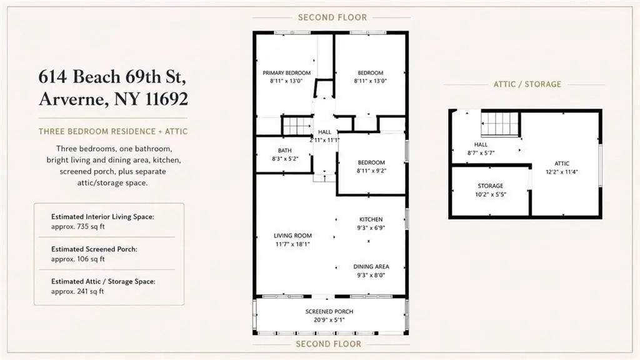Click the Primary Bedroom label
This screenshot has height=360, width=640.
click(286, 73)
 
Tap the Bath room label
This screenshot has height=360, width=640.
click(284, 151)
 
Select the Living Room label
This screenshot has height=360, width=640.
click(292, 236)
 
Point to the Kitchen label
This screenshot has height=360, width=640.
click(371, 219)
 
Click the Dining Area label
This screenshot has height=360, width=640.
click(371, 266)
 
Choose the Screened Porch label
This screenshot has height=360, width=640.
click(329, 311)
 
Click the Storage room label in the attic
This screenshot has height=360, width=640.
click(491, 186)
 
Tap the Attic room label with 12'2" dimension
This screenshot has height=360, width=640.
click(562, 163)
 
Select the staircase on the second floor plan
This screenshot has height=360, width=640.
click(297, 125)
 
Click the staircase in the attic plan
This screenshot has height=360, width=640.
click(500, 124)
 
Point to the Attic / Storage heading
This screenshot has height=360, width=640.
click(527, 84)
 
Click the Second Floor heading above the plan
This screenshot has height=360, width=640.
click(332, 17)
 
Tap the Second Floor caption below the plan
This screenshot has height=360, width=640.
click(329, 344)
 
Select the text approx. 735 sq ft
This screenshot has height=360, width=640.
click(78, 226)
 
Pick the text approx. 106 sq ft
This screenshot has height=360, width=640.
click(78, 259)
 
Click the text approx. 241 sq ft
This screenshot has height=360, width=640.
click(77, 291)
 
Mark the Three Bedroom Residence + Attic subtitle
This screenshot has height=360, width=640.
click(113, 131)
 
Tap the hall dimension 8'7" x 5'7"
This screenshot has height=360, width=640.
click(481, 153)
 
